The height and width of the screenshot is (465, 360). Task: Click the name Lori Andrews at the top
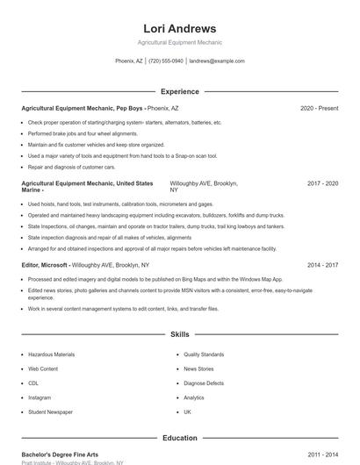pos(180,28)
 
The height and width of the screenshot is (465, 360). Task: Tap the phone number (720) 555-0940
pos(166,61)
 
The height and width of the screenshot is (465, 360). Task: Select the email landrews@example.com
pos(217,61)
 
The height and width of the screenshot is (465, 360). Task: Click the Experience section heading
pos(180,91)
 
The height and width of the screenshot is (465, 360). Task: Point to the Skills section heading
pos(180,334)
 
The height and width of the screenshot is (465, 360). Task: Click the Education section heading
pos(180,438)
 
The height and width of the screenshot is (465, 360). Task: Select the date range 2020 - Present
pos(319,108)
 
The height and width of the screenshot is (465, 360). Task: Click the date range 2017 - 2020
pos(323,183)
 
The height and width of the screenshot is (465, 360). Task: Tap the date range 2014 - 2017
pos(323,264)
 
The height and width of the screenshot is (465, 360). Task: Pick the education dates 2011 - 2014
pos(323,454)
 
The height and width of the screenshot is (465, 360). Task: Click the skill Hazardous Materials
pos(52,354)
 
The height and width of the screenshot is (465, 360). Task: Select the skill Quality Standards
pos(204,354)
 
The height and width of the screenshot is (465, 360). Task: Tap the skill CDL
pos(33,383)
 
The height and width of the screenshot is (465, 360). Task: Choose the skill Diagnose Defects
pos(204,383)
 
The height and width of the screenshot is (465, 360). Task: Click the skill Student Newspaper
pos(50,411)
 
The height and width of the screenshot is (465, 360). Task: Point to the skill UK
pos(188,411)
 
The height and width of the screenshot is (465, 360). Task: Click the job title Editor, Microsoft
pos(53,264)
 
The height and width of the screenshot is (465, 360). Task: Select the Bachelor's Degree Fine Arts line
pos(60,454)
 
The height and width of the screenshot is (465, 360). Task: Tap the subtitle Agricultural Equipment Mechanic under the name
pos(180,43)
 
